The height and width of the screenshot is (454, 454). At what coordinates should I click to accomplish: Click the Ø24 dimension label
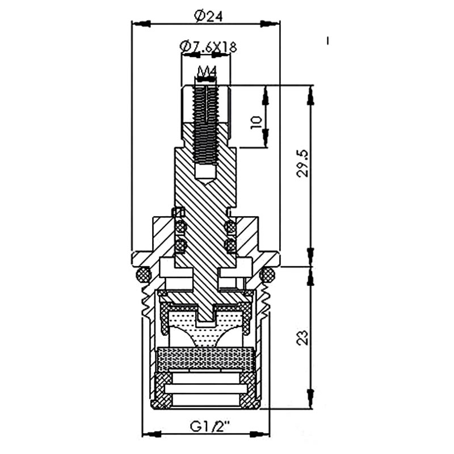pyautogui.click(x=208, y=17)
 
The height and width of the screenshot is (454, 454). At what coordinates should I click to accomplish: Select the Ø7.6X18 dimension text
pyautogui.click(x=208, y=47)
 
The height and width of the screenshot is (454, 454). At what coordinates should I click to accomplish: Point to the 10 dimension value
pyautogui.click(x=257, y=123)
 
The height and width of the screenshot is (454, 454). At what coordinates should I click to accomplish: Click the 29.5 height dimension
pyautogui.click(x=303, y=163)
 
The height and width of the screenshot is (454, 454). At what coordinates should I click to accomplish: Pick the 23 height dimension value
pyautogui.click(x=303, y=337)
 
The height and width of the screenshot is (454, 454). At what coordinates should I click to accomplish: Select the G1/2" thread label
pyautogui.click(x=209, y=426)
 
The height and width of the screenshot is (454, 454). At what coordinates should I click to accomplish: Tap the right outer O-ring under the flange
pyautogui.click(x=267, y=274)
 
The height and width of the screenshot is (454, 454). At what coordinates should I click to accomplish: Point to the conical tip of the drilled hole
pyautogui.click(x=206, y=182)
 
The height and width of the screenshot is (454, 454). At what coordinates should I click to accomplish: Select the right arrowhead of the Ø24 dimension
pyautogui.click(x=271, y=24)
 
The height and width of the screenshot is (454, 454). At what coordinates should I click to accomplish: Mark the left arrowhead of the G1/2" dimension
pyautogui.click(x=152, y=434)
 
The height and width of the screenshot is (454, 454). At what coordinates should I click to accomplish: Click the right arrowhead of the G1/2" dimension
pyautogui.click(x=259, y=434)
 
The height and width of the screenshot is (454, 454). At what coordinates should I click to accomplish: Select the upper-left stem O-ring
pyautogui.click(x=180, y=226)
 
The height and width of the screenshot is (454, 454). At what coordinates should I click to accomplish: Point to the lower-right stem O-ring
pyautogui.click(x=231, y=245)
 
